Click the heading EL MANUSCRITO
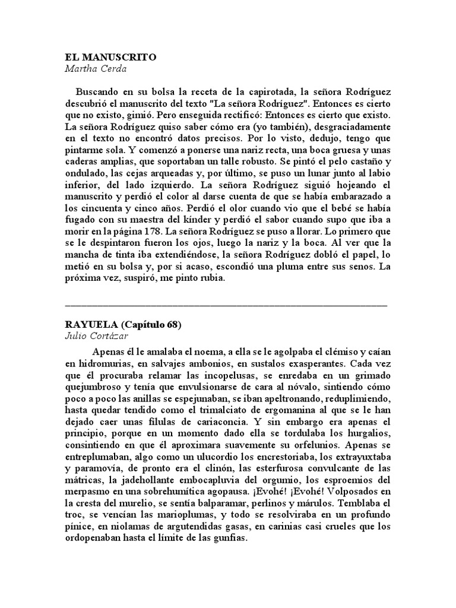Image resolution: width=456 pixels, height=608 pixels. click(110, 58)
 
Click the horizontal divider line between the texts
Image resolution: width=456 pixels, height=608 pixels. click(226, 305)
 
